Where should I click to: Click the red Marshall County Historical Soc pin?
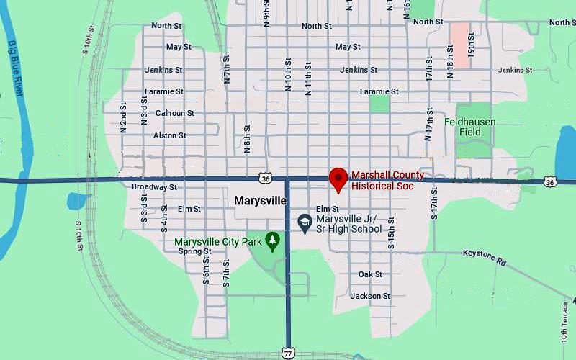338,179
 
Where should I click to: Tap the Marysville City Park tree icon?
272,240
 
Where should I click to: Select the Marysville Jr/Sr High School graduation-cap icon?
305,223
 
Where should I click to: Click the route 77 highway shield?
287,353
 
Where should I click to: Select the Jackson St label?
370,296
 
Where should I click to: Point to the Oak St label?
370,274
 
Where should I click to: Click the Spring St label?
194,251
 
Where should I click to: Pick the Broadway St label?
154,187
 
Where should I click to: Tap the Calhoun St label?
175,113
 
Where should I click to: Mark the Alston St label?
170,135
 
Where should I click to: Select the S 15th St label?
391,232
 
